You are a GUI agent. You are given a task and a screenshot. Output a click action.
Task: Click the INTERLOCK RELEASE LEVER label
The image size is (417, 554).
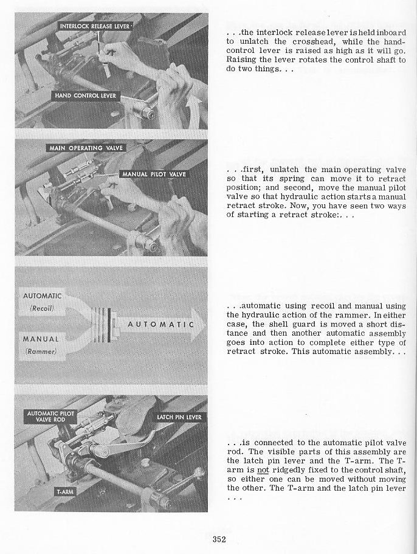[95, 26]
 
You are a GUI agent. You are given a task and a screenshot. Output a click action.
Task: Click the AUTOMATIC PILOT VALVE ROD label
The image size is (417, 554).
[51, 417]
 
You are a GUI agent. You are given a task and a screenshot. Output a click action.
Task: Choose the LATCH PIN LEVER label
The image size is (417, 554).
[179, 417]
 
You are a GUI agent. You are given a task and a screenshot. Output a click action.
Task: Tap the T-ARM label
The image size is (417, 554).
[64, 491]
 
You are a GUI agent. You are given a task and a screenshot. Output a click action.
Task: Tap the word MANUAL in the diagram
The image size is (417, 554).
[41, 339]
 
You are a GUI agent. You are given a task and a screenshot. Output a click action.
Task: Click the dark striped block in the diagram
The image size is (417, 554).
[103, 324]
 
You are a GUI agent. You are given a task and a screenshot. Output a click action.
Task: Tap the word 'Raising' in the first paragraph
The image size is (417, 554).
[241, 60]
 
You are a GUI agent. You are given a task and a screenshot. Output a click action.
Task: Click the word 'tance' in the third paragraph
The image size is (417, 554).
[237, 334]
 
